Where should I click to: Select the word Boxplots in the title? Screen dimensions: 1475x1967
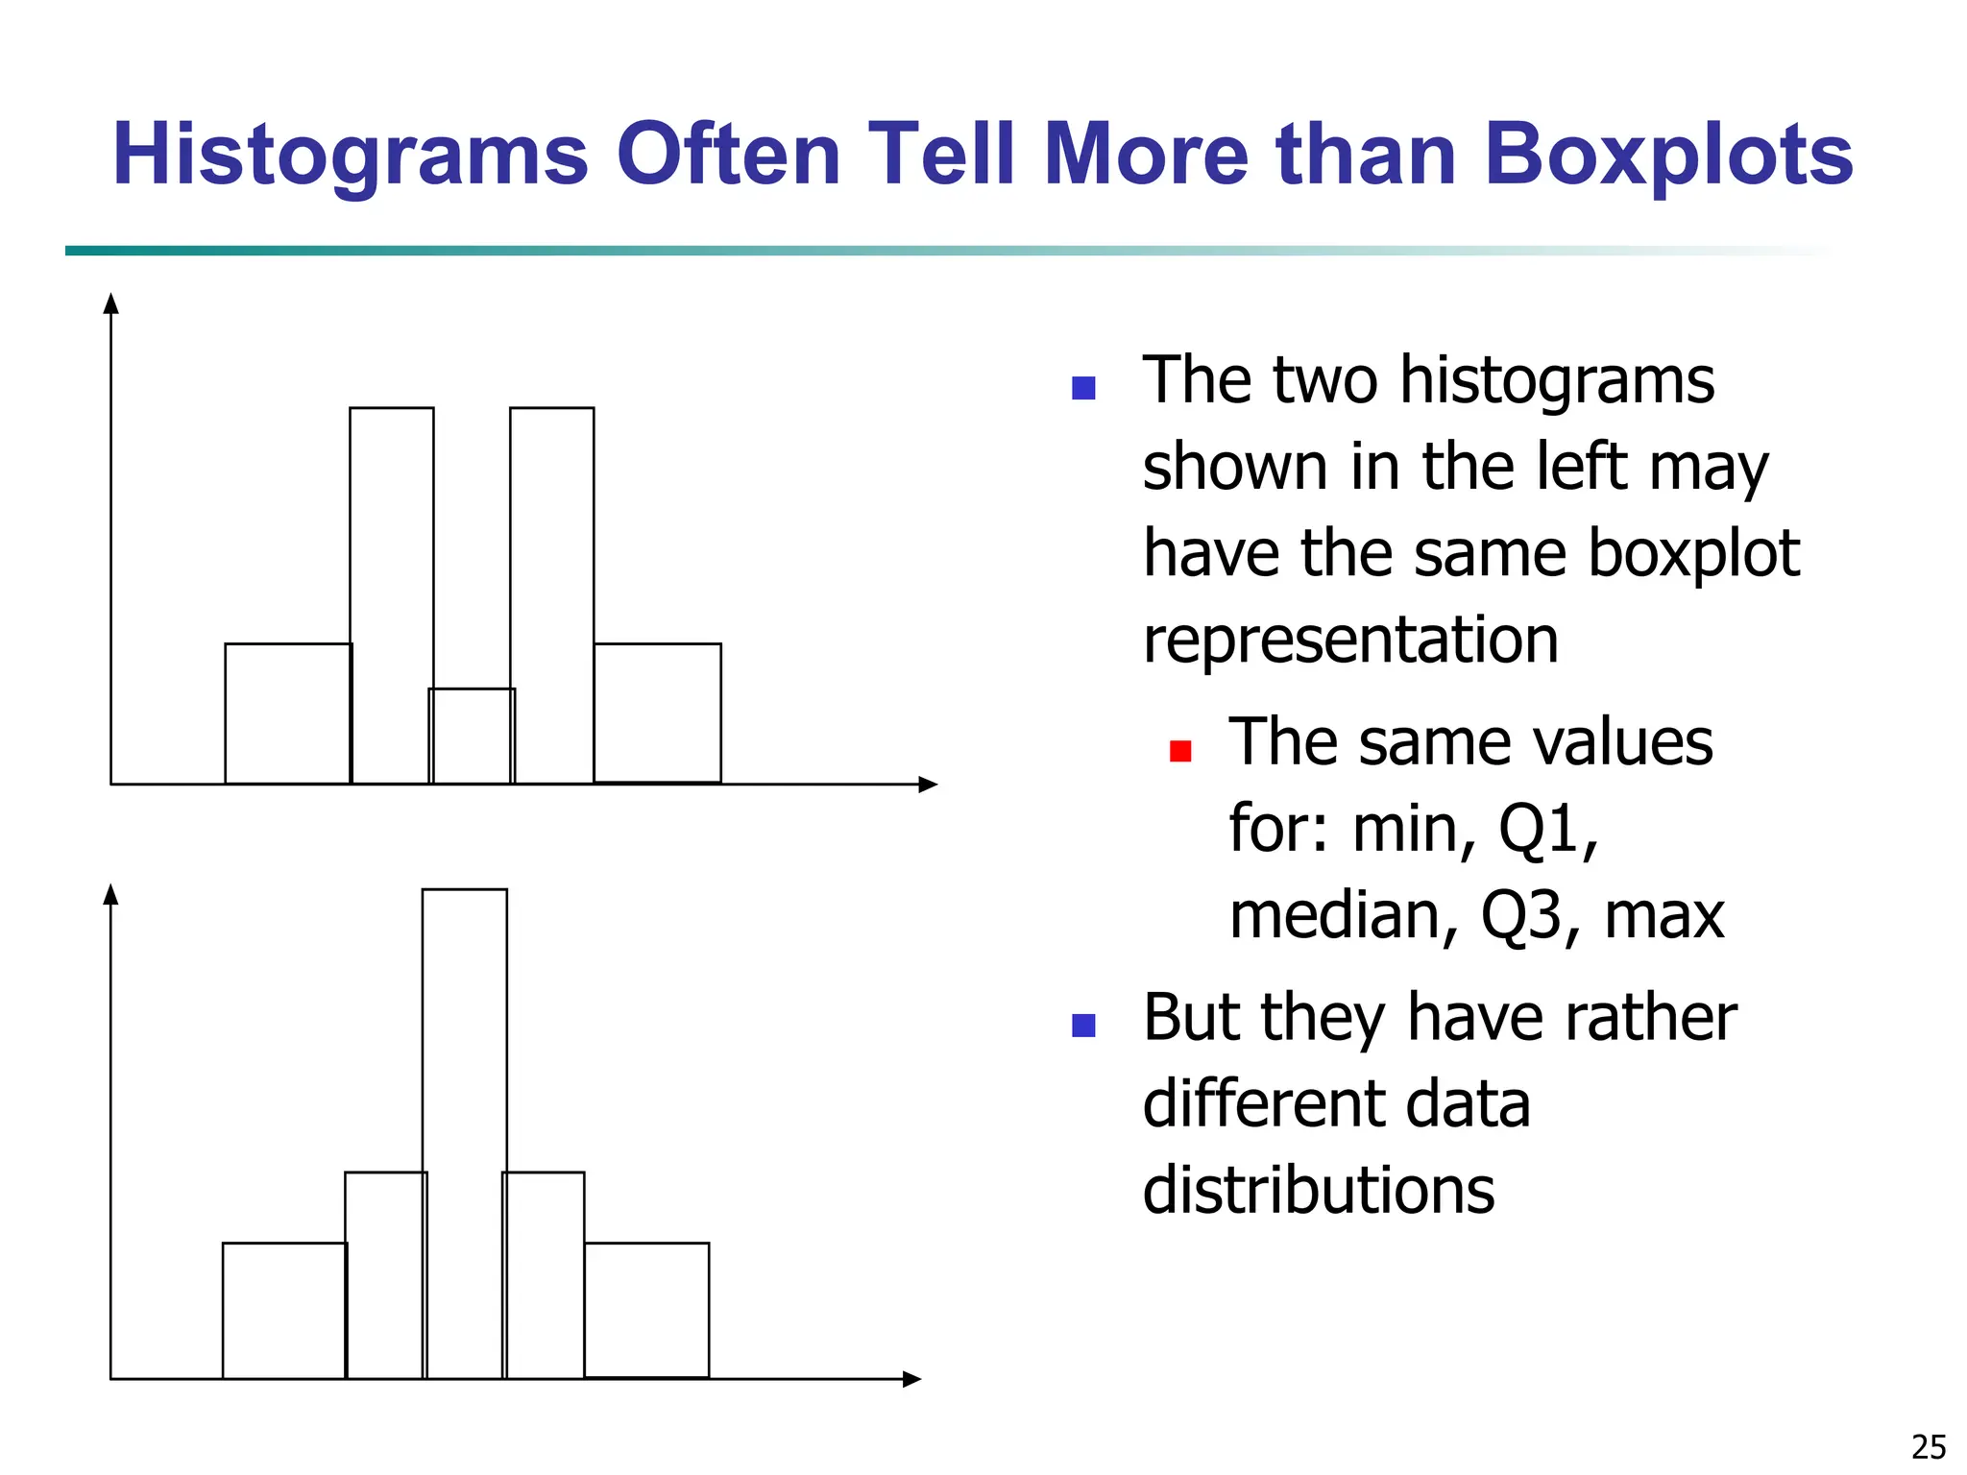coord(1668,156)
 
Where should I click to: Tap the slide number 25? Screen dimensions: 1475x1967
coord(1929,1446)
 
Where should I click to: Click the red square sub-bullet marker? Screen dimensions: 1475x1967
coord(1180,751)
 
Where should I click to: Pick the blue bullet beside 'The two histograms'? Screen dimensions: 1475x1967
coord(1083,388)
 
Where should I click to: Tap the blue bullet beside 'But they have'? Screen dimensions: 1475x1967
coord(1083,1026)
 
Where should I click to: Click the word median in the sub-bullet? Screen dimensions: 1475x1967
coord(1343,914)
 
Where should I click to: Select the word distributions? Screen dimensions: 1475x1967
coord(1319,1191)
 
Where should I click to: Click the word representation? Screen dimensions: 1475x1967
coord(1350,640)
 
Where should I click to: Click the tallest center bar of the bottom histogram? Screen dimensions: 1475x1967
coord(465,1133)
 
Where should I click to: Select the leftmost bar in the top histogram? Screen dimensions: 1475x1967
coord(288,713)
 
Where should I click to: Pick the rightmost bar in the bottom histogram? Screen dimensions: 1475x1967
coord(646,1311)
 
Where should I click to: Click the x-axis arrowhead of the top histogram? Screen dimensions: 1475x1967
coord(928,785)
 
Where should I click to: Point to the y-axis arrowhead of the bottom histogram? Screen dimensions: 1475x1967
coord(110,895)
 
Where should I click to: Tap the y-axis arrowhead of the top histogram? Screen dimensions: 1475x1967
coord(110,303)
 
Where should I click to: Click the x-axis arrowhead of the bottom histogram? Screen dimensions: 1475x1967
coord(912,1379)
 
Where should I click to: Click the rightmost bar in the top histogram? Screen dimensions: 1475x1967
coord(658,713)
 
